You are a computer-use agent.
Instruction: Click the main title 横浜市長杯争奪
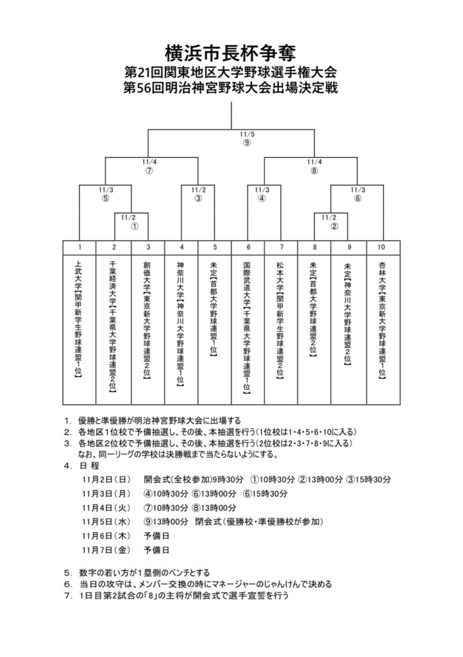click(231, 51)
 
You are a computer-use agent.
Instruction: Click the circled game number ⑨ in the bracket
click(247, 142)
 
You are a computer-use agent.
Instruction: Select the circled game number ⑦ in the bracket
click(149, 171)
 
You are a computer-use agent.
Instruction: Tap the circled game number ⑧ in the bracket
click(314, 171)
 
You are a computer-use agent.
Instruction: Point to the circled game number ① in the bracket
click(135, 226)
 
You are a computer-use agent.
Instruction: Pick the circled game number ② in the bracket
click(333, 226)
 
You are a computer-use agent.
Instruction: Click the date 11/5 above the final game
click(247, 134)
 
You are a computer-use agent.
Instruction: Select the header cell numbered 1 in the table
click(79, 247)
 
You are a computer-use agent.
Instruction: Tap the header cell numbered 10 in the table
click(383, 247)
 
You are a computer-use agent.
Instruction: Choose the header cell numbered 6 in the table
click(248, 247)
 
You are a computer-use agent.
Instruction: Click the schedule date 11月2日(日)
click(106, 479)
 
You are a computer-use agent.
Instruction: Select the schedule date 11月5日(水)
click(106, 521)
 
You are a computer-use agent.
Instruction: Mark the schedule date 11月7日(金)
click(106, 550)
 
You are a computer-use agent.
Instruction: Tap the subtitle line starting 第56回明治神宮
click(231, 87)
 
